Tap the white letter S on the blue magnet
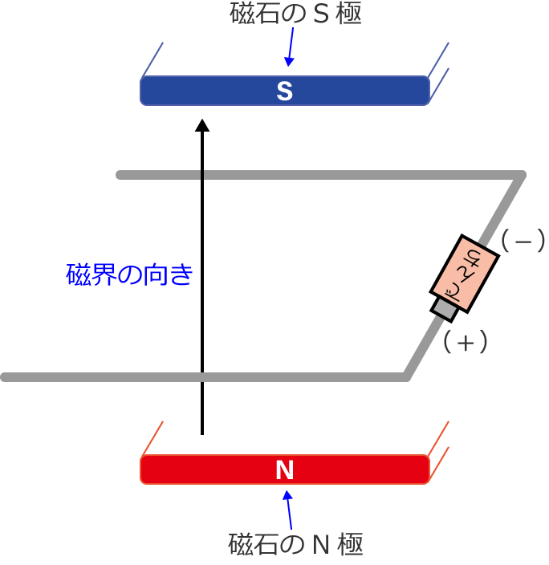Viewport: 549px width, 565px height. [x=284, y=91]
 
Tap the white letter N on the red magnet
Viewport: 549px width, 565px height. [x=284, y=470]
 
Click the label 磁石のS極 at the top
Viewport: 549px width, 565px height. [x=295, y=14]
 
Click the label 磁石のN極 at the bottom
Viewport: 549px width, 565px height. [x=295, y=546]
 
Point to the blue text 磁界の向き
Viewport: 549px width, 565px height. [x=129, y=275]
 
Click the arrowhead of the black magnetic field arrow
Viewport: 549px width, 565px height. [x=202, y=125]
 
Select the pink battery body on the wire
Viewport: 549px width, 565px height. [x=466, y=272]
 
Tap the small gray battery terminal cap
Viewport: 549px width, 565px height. [x=444, y=307]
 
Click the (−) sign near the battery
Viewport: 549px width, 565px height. [x=523, y=241]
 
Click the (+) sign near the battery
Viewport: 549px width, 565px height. [x=466, y=343]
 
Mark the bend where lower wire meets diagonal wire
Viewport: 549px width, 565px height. [x=408, y=376]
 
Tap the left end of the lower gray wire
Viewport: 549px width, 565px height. [x=6, y=377]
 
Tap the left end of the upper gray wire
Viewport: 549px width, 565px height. [x=120, y=175]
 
